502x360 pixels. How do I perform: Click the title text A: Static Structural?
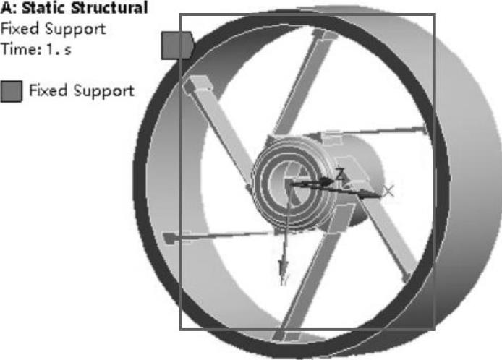[75, 9]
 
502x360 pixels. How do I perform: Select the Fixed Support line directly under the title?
[53, 29]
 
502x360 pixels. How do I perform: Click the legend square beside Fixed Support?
[11, 92]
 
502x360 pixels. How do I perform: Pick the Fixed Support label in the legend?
[81, 91]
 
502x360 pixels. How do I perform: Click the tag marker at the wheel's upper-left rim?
[176, 45]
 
